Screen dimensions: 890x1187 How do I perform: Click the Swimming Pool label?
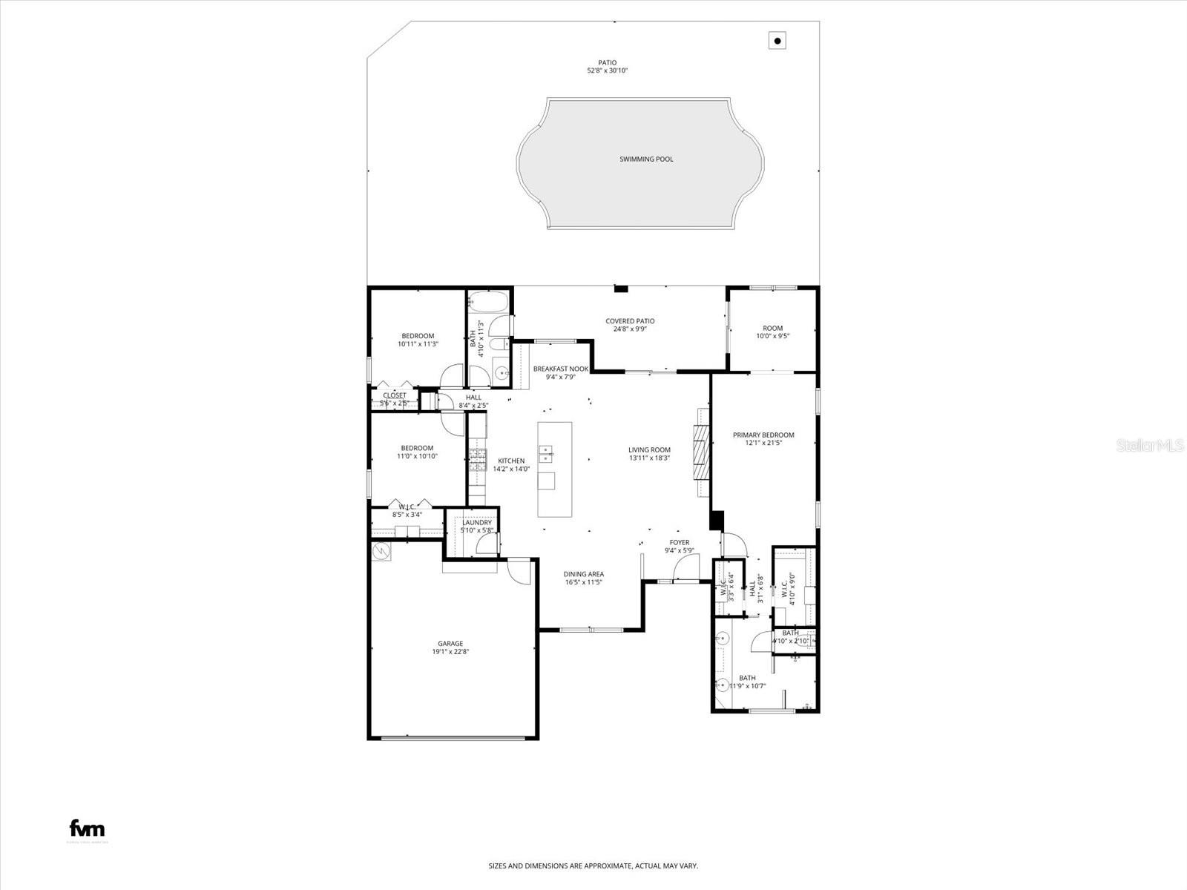coord(646,159)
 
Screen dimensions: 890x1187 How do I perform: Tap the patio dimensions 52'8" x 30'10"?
coord(608,71)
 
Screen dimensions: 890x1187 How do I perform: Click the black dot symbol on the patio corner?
coord(777,41)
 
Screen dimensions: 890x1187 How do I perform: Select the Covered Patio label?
coord(630,321)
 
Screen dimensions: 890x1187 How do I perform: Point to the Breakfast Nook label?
coord(561,369)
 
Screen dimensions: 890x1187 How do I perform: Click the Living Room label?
coord(649,449)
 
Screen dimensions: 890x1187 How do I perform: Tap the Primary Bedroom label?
coord(763,435)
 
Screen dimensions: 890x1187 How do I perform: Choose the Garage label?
coord(450,644)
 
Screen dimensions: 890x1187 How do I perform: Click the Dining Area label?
coord(583,574)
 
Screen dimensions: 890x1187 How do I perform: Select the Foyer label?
coord(679,543)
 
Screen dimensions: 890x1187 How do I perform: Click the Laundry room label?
coord(477,523)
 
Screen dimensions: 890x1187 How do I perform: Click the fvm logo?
coord(87,828)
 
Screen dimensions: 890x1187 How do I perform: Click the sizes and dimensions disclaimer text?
coord(593,866)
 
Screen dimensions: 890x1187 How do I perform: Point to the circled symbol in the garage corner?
coord(382,551)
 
